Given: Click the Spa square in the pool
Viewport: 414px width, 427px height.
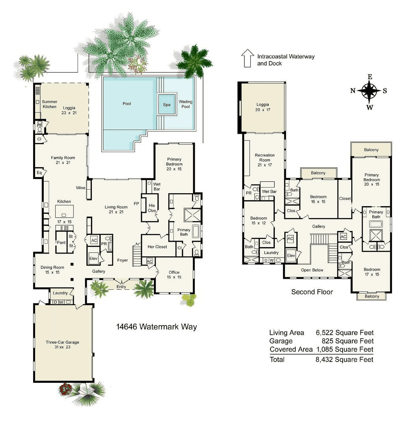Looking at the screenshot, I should tap(167, 104).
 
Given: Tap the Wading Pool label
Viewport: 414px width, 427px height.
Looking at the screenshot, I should tap(185, 104).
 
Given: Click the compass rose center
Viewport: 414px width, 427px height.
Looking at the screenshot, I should tap(369, 91).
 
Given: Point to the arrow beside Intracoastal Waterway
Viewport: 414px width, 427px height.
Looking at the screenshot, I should tap(248, 58).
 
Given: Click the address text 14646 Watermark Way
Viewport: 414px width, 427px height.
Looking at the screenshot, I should tap(157, 327).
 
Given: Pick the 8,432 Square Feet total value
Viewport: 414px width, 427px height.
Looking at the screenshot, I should tap(344, 359).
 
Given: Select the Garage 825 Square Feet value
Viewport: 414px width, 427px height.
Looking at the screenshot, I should tap(344, 341).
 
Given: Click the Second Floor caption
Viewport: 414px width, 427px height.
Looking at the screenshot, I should tap(312, 292).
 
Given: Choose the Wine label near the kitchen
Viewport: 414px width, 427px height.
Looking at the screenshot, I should tap(81, 188).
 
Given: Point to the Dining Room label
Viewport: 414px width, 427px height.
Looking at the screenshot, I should tap(52, 270).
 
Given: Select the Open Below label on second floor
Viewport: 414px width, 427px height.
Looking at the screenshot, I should tap(312, 270).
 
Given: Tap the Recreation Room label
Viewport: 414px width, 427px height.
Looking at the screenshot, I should tap(265, 158).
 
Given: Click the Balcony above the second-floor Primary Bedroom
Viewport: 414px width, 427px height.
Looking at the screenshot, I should tap(371, 150).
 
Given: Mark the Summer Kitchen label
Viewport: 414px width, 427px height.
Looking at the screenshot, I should tap(50, 104).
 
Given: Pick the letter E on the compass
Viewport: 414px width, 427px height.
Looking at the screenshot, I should tap(369, 76).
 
